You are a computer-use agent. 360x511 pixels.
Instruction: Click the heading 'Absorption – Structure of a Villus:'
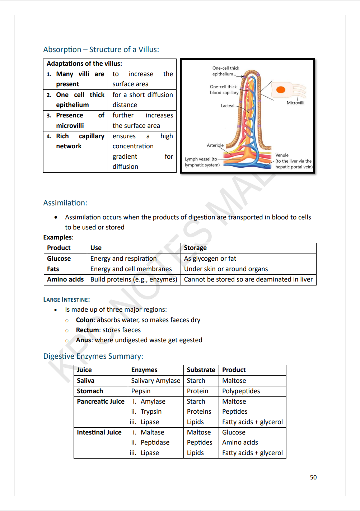click(101, 50)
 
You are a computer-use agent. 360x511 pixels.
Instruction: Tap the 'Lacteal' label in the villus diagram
click(228, 106)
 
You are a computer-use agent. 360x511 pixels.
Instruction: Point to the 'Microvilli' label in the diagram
click(295, 103)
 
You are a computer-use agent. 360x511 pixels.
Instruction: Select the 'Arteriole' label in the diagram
click(215, 145)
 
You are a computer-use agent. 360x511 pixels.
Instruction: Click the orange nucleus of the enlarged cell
click(281, 89)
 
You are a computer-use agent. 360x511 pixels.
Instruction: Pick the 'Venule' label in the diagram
click(282, 155)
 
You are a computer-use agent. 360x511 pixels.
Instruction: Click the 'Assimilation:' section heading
click(65, 203)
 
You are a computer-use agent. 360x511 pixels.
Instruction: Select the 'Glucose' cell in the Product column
click(59, 259)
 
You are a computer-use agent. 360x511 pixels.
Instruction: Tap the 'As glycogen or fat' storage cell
click(210, 259)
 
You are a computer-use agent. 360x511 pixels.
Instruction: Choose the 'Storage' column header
click(195, 248)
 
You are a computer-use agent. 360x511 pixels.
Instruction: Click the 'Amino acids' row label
click(65, 279)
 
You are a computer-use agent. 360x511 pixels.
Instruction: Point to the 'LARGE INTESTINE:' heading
click(66, 299)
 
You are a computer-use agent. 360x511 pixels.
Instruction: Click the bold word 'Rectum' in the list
click(87, 330)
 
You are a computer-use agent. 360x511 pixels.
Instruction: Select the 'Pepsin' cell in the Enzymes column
click(141, 391)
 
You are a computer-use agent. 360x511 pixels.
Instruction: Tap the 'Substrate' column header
click(201, 370)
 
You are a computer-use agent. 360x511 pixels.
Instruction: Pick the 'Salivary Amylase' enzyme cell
click(155, 381)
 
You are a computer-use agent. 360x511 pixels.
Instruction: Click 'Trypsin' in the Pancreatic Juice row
click(151, 412)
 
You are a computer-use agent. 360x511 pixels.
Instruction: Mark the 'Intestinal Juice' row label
click(99, 432)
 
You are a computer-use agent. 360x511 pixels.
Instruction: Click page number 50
click(313, 477)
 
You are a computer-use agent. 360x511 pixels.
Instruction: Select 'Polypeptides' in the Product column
click(241, 391)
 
